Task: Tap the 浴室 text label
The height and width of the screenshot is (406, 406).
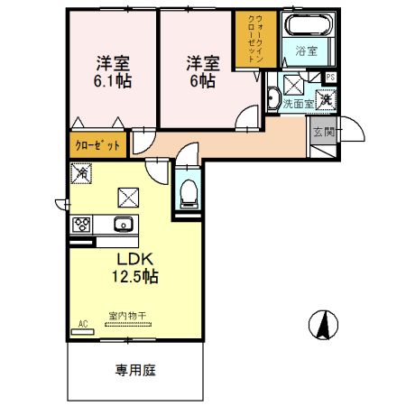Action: coord(307,51)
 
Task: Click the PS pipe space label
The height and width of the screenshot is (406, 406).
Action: coord(330,78)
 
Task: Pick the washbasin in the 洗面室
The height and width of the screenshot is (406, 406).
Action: coord(272,99)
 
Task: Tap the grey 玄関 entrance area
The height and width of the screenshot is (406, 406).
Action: coord(322,138)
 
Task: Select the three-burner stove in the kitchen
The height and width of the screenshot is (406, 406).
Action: coord(80,224)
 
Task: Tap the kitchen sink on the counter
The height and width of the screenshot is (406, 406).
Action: coord(122,224)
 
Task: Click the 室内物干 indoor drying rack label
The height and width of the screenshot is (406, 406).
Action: coord(127,316)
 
